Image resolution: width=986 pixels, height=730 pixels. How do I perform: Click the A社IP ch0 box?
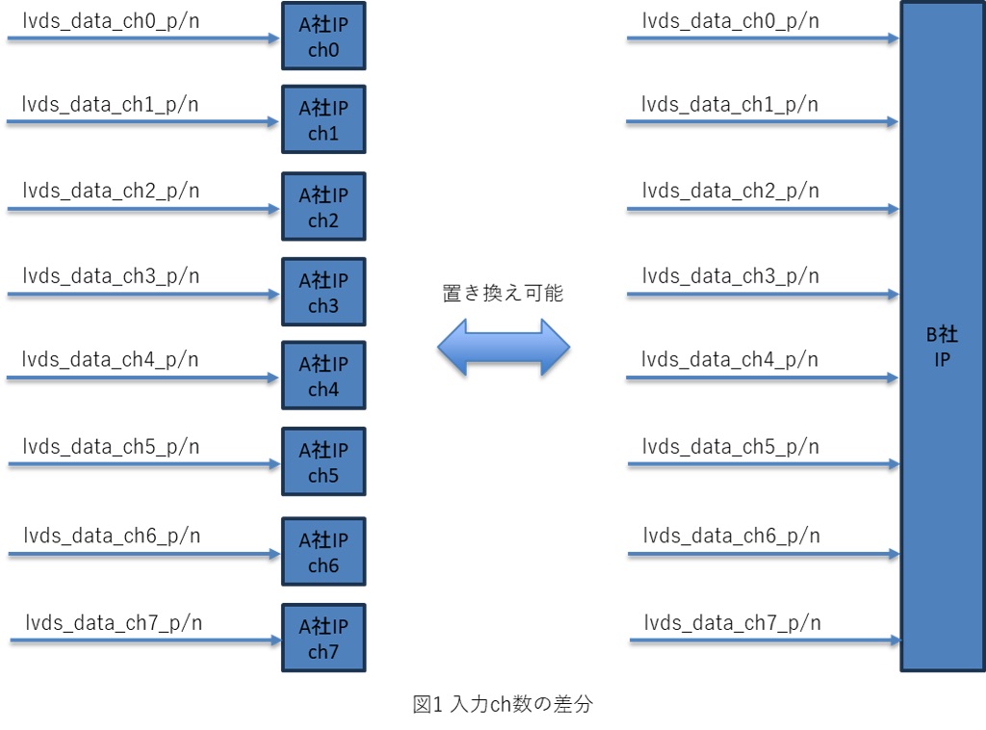(324, 37)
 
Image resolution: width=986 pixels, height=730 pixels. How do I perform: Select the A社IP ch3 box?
(324, 293)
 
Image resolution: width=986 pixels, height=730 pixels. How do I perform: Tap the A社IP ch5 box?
(324, 462)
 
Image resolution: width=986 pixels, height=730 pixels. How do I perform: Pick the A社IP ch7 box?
(324, 639)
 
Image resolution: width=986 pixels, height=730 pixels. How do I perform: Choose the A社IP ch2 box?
(324, 207)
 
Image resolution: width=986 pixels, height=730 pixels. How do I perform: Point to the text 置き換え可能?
(503, 295)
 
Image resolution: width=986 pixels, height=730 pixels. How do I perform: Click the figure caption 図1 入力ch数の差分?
(503, 705)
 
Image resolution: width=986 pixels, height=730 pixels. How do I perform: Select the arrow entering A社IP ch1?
(144, 122)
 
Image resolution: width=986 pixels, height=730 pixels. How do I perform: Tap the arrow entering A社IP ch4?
(144, 378)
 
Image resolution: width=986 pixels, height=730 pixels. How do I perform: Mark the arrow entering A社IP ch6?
(144, 554)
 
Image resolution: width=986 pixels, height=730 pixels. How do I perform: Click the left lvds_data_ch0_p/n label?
(111, 19)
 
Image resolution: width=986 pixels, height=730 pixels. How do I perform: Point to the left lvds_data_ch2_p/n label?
(112, 190)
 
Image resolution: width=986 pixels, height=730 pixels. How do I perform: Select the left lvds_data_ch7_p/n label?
(114, 622)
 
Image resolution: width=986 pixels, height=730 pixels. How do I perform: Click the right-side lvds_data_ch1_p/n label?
(730, 104)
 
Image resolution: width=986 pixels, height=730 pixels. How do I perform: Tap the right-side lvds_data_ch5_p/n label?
(731, 447)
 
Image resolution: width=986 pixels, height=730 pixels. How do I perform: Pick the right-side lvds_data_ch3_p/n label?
(731, 276)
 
